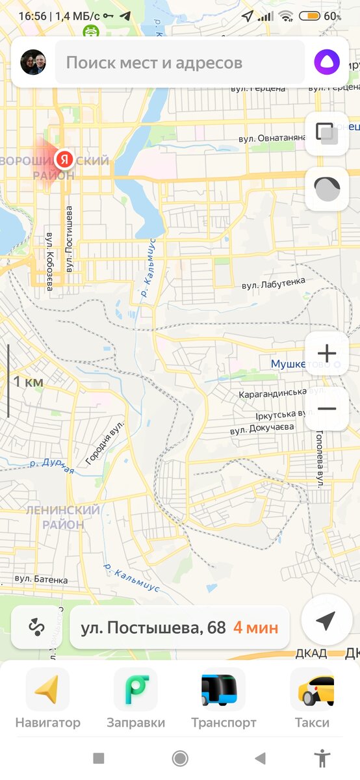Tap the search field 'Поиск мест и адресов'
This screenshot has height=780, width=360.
pos(180,63)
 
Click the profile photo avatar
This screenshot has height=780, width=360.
pos(33,63)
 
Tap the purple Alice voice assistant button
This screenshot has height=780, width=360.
pos(327,62)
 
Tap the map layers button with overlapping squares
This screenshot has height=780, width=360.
pos(327,133)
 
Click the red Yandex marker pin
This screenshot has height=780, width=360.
pos(64,158)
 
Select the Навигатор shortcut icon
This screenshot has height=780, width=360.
pos(47,690)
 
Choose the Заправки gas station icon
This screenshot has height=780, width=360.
pos(135,690)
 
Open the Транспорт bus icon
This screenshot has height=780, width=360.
pos(224,690)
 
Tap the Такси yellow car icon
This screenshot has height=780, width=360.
pos(312,690)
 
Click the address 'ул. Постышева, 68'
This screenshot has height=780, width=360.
pos(153,628)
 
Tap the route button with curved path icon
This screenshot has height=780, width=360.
pos(36,627)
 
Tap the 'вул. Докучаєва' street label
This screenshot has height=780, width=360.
pos(262,428)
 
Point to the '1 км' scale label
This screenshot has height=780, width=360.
pos(29,382)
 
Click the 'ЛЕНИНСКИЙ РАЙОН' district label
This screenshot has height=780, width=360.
pos(63,517)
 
